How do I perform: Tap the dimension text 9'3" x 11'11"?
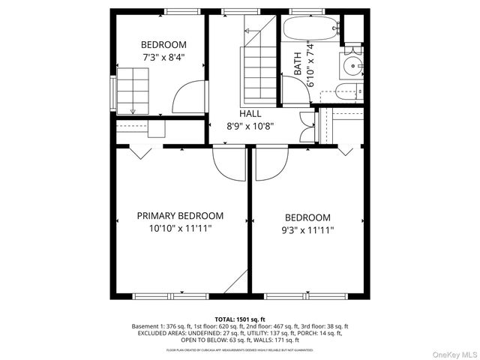(x=307, y=231)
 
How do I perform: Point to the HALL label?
(x=250, y=113)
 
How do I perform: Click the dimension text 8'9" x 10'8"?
(x=250, y=126)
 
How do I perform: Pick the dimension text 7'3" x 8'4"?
(x=163, y=57)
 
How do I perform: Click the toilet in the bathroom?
(x=346, y=92)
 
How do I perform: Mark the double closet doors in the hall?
(x=306, y=125)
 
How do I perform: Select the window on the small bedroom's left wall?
(x=114, y=92)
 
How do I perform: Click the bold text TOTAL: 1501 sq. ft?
(x=240, y=319)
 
